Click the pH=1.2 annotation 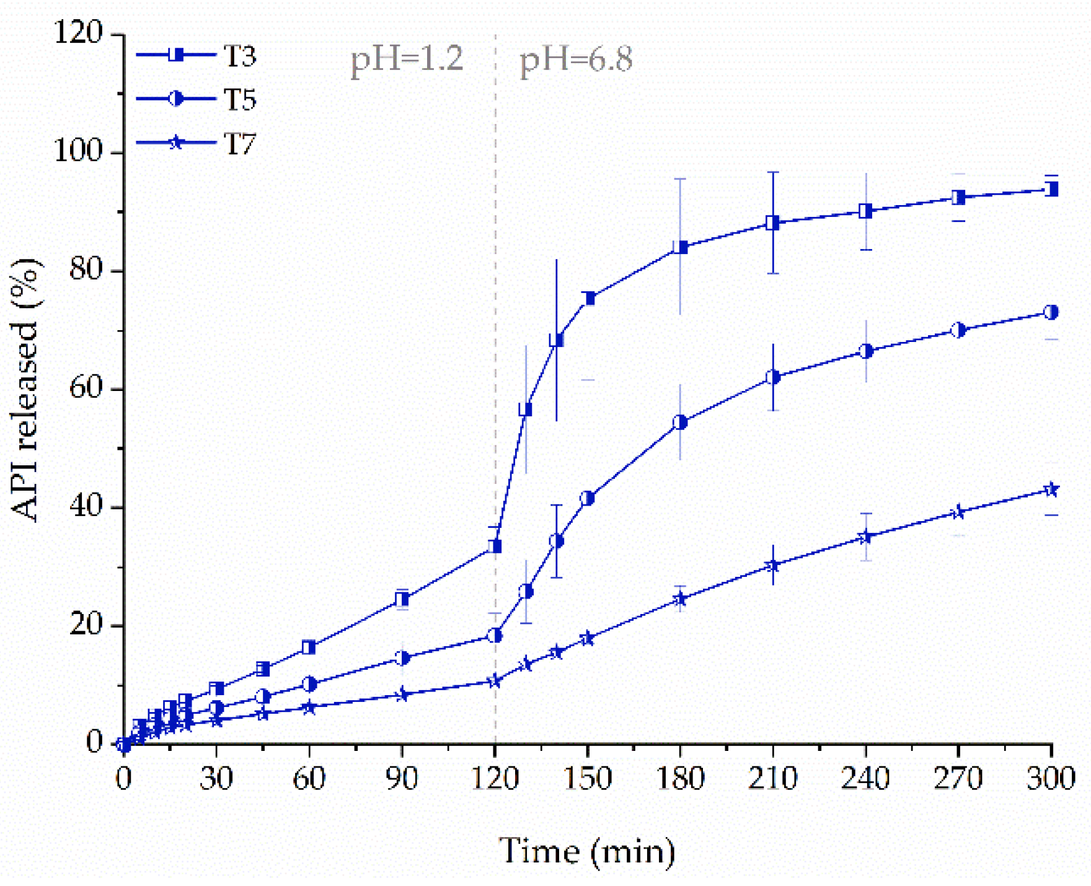click(407, 60)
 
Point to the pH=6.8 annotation click(576, 60)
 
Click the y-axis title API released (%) click(25, 390)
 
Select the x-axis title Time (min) click(587, 851)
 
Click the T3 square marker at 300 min click(1051, 189)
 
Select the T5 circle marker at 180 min click(680, 423)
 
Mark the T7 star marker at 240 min click(865, 537)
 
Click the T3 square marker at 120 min click(495, 546)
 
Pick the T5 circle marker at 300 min click(1051, 312)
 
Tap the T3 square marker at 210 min click(772, 223)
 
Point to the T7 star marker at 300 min click(1051, 490)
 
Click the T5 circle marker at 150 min click(587, 498)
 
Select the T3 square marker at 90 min click(402, 599)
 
